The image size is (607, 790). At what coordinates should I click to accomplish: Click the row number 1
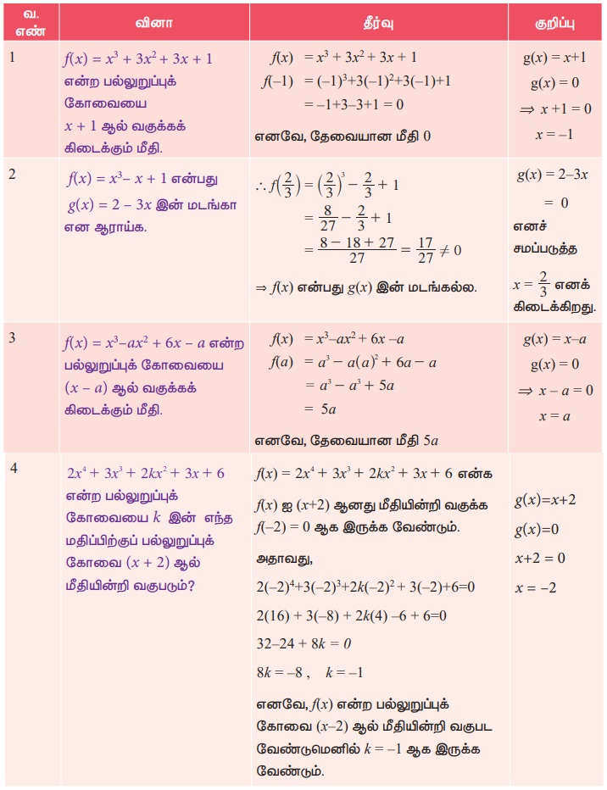pos(12,57)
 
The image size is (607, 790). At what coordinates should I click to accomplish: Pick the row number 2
pos(13,173)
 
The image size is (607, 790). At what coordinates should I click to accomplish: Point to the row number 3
pos(13,338)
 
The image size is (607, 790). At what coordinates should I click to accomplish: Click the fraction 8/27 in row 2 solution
pos(323,218)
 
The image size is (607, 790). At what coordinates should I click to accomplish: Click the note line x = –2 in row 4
pos(535,587)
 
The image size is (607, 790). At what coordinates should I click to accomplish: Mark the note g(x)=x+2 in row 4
pos(545,500)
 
